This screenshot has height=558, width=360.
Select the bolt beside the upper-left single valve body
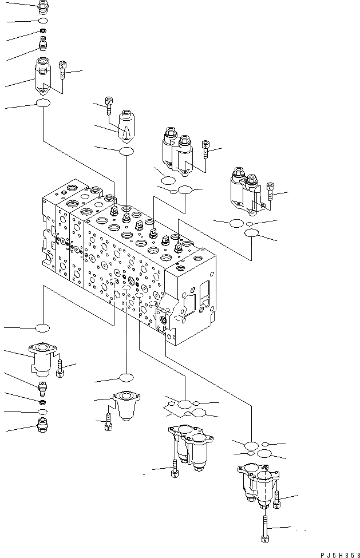[x=64, y=70]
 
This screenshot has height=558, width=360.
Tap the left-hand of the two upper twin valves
[x=176, y=150]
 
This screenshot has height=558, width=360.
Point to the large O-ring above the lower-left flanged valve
[x=42, y=328]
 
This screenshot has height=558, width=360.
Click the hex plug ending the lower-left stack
[x=43, y=425]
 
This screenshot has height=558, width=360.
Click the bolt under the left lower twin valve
[x=173, y=470]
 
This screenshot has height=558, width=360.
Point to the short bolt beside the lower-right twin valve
[x=278, y=500]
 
